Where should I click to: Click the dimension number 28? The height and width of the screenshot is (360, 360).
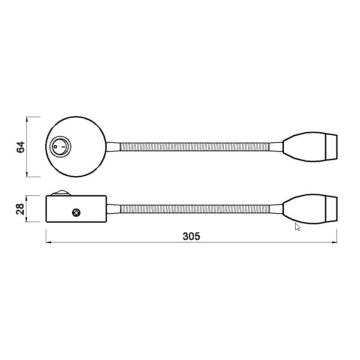tap(20, 209)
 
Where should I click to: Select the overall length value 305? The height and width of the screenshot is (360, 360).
tap(191, 236)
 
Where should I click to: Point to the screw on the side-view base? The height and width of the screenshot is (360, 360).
tap(76, 212)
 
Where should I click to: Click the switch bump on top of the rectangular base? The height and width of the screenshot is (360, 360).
tap(61, 191)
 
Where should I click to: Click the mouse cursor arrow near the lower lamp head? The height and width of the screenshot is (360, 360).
tap(297, 226)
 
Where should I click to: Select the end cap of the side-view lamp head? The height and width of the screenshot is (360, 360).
tap(332, 208)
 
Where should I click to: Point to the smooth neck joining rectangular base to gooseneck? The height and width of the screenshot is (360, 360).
tap(112, 208)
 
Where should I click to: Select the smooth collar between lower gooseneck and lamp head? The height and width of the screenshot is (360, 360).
tap(276, 208)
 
